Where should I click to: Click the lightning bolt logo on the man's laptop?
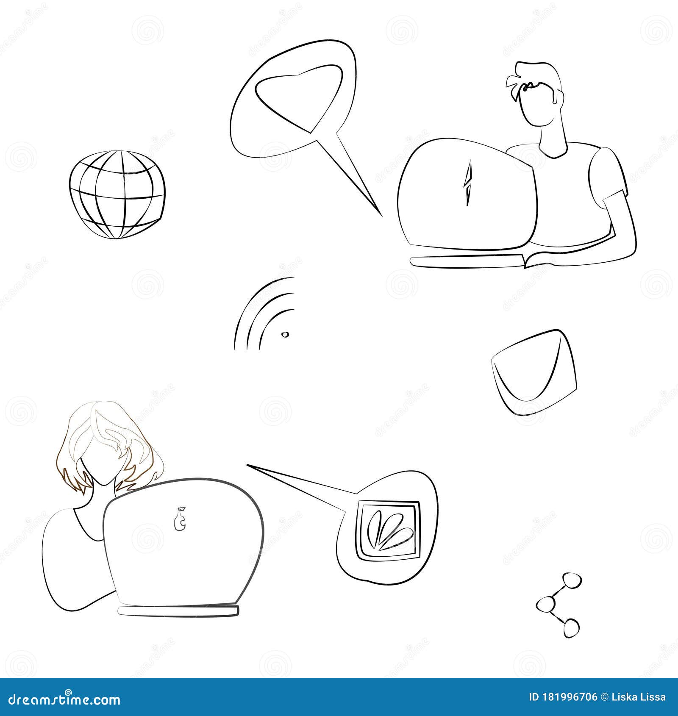[468, 183]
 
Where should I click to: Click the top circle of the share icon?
[571, 581]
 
